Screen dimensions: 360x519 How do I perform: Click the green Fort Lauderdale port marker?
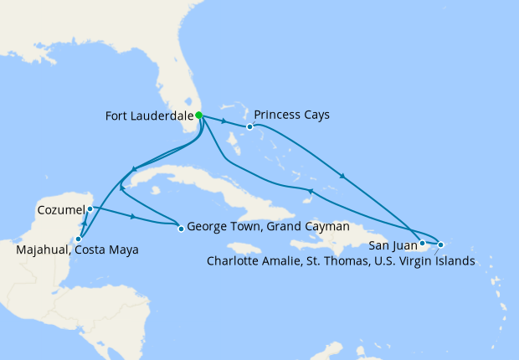coord(199,116)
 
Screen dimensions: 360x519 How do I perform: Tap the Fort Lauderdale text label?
coord(148,116)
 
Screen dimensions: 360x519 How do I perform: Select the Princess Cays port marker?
coord(249,127)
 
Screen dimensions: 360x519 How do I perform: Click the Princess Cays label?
coord(291,115)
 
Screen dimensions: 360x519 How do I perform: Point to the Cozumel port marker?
coord(90,208)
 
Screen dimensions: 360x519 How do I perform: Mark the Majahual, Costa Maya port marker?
coord(78,239)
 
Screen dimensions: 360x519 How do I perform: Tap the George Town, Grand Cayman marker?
coord(181,228)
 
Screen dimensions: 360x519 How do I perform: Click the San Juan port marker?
coord(422,244)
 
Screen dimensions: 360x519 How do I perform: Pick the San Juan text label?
coord(389,245)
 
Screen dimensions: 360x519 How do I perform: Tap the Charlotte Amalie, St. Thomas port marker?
coord(441,244)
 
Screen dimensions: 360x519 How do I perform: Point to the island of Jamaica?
coord(244,249)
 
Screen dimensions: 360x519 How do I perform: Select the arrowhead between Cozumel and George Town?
coord(133,217)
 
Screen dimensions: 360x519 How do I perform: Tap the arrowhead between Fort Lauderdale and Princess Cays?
coord(227,121)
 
